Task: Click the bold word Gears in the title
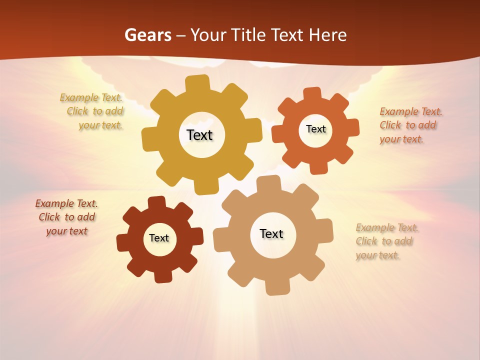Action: (x=147, y=35)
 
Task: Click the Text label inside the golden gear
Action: (x=199, y=135)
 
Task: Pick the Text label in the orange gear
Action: (x=315, y=129)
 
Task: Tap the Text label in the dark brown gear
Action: (x=159, y=238)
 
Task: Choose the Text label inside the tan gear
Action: (x=271, y=233)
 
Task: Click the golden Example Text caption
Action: (x=92, y=111)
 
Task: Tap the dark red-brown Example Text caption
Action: (x=66, y=217)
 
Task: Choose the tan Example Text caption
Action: (x=387, y=241)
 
